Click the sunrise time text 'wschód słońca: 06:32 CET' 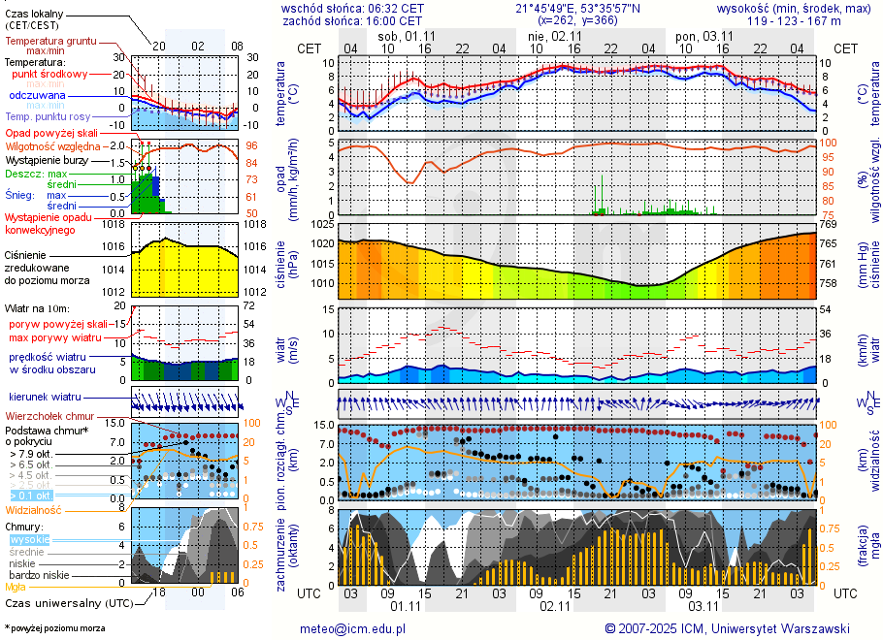(352, 8)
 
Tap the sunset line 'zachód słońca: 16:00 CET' (352, 20)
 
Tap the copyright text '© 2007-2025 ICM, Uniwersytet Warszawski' (727, 628)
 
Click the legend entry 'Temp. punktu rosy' (47, 116)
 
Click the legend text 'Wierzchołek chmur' (49, 416)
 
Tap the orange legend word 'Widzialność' (34, 509)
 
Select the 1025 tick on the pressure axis (324, 224)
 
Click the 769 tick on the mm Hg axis (828, 224)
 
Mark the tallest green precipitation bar (603, 195)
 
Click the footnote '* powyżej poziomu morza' (55, 628)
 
